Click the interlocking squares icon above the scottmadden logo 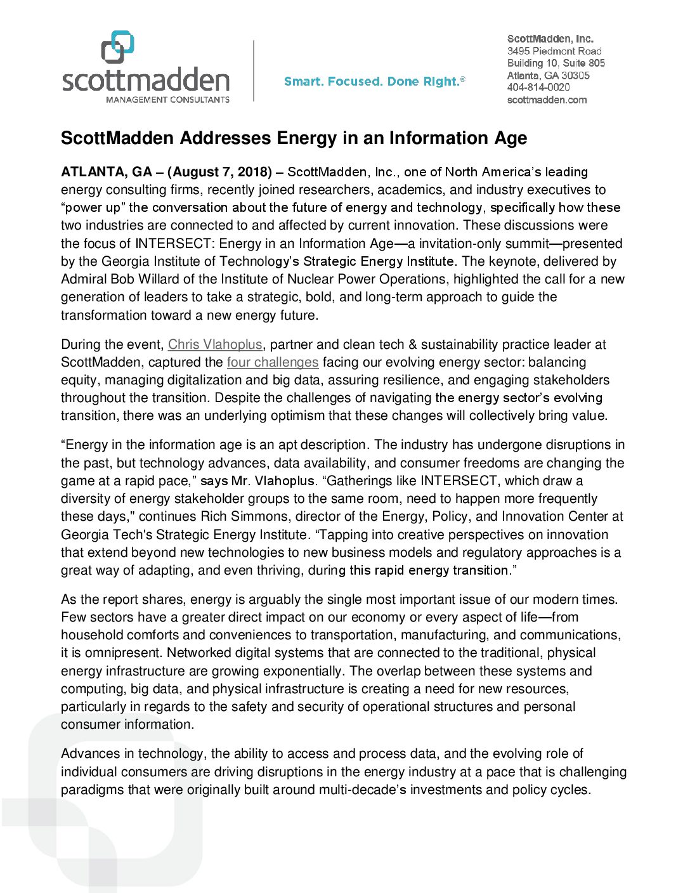(118, 47)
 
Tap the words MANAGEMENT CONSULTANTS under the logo (167, 100)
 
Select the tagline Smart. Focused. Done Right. (374, 81)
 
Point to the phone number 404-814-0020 (538, 88)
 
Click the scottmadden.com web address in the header (547, 100)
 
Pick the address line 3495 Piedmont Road (554, 51)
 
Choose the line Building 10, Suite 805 (556, 63)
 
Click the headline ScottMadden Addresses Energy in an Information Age (294, 138)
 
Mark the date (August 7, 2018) (219, 172)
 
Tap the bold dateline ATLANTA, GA (107, 172)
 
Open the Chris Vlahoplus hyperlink (215, 344)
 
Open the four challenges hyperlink (273, 362)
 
